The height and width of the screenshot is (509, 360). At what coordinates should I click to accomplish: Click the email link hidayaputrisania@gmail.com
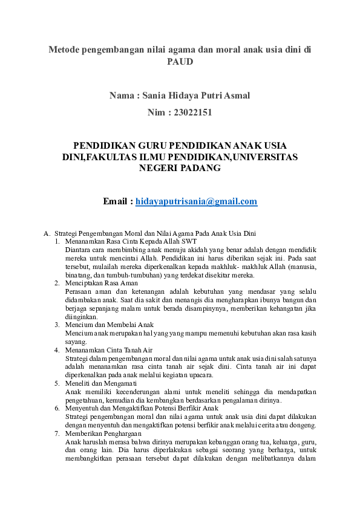pyautogui.click(x=196, y=201)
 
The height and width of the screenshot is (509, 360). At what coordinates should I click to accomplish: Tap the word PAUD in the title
pyautogui.click(x=180, y=61)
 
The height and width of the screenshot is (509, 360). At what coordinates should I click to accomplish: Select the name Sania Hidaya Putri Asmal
pyautogui.click(x=197, y=96)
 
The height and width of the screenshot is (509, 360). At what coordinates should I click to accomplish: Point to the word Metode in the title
pyautogui.click(x=65, y=50)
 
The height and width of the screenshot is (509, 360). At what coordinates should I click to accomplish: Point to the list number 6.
pyautogui.click(x=56, y=409)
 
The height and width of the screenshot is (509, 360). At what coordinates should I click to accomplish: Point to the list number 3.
pyautogui.click(x=56, y=325)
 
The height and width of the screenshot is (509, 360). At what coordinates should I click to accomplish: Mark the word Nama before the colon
pyautogui.click(x=122, y=96)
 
